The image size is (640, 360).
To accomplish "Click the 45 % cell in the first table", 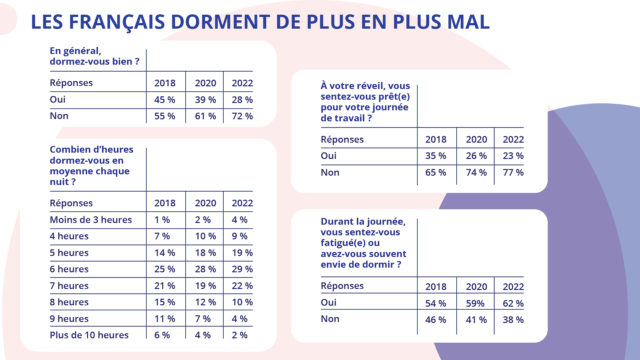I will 165,100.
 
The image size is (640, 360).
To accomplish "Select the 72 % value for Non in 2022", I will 242,116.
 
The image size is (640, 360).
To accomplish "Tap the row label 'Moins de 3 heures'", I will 91,220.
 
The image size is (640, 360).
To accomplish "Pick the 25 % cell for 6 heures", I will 165,269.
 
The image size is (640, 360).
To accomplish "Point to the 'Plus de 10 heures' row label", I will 89,335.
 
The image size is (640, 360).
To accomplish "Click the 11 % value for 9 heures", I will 165,319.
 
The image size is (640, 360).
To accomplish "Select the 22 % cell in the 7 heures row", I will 242,286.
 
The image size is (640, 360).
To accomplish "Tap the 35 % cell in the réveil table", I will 436,156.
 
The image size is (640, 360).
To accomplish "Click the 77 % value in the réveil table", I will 513,172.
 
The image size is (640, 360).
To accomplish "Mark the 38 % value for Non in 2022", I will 513,320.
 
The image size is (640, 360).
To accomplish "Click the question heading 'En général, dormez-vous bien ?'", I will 94,56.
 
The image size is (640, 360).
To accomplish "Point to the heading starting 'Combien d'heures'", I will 91,165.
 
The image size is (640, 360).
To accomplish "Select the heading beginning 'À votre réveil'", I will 365,102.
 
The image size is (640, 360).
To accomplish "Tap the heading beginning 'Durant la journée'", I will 363,243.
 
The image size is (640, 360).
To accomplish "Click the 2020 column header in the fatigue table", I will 476,287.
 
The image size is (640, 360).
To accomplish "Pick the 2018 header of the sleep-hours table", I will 165,203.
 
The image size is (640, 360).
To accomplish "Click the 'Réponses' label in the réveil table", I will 342,139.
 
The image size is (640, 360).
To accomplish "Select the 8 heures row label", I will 69,302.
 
